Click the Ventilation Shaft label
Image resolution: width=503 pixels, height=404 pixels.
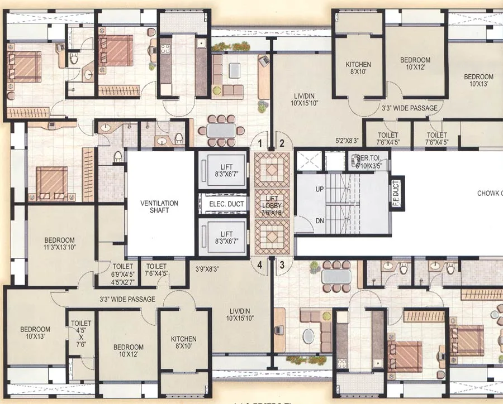pos(159,206)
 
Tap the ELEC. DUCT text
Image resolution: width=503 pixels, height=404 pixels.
pos(226,204)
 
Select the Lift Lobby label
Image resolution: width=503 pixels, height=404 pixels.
pos(271,205)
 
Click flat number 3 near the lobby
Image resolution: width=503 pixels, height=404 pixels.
pos(283,265)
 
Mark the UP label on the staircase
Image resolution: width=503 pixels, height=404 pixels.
pos(320,189)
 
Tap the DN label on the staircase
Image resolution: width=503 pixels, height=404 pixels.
pos(320,221)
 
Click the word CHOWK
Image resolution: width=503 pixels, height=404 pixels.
pos(488,194)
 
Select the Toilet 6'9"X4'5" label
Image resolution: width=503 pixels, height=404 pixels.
pos(124,270)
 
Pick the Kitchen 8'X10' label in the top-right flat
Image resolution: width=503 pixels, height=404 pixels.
pos(358,68)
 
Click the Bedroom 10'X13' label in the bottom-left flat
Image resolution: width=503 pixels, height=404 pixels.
pos(35,333)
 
